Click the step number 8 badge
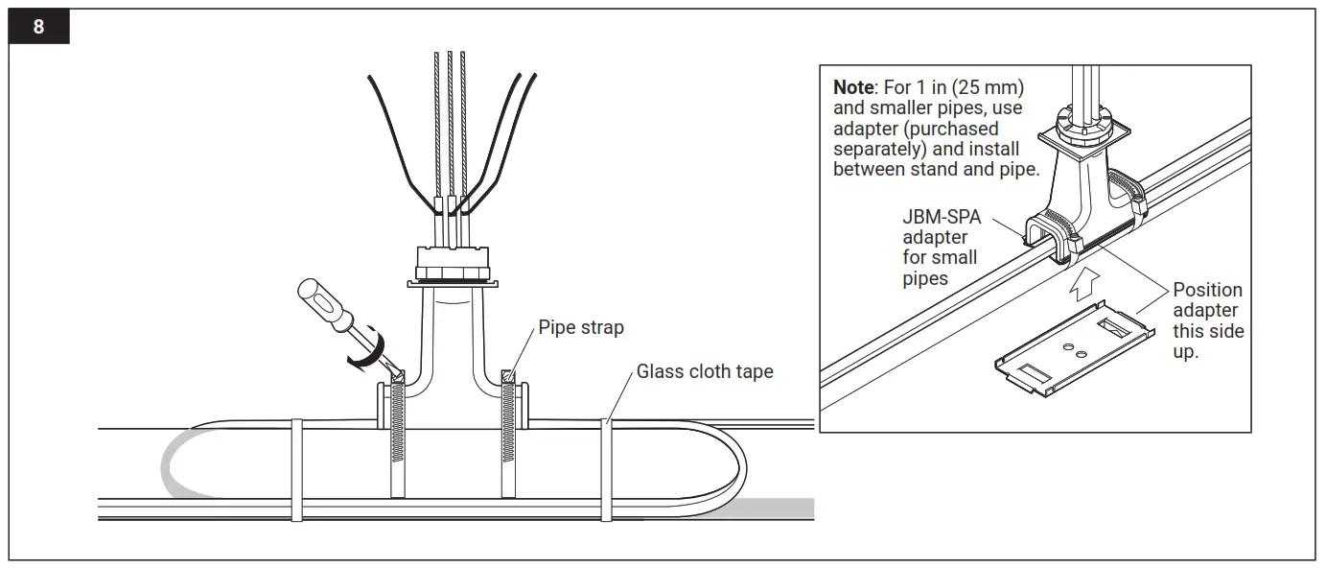click(38, 27)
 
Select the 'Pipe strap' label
click(580, 328)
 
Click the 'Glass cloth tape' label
click(705, 371)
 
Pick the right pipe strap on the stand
click(508, 437)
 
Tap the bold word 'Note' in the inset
click(853, 88)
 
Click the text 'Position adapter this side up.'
click(1207, 320)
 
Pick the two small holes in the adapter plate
click(1074, 353)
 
